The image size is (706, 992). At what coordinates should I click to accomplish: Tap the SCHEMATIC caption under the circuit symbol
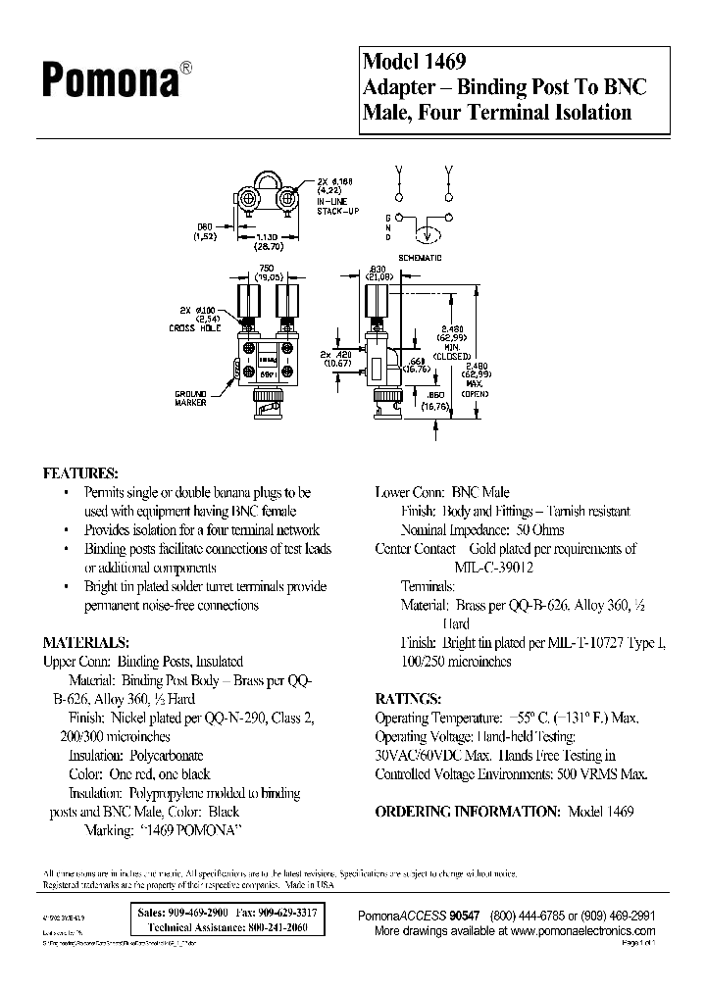[x=423, y=257]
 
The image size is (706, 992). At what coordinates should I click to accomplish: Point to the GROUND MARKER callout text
[x=192, y=398]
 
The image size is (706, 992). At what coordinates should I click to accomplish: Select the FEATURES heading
[x=80, y=472]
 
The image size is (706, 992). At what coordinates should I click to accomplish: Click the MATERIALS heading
[x=86, y=643]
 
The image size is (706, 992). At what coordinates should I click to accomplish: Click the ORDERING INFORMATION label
[x=467, y=812]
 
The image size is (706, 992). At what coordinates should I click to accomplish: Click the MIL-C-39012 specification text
[x=485, y=567]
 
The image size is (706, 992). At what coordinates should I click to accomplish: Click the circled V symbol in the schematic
[x=426, y=235]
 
